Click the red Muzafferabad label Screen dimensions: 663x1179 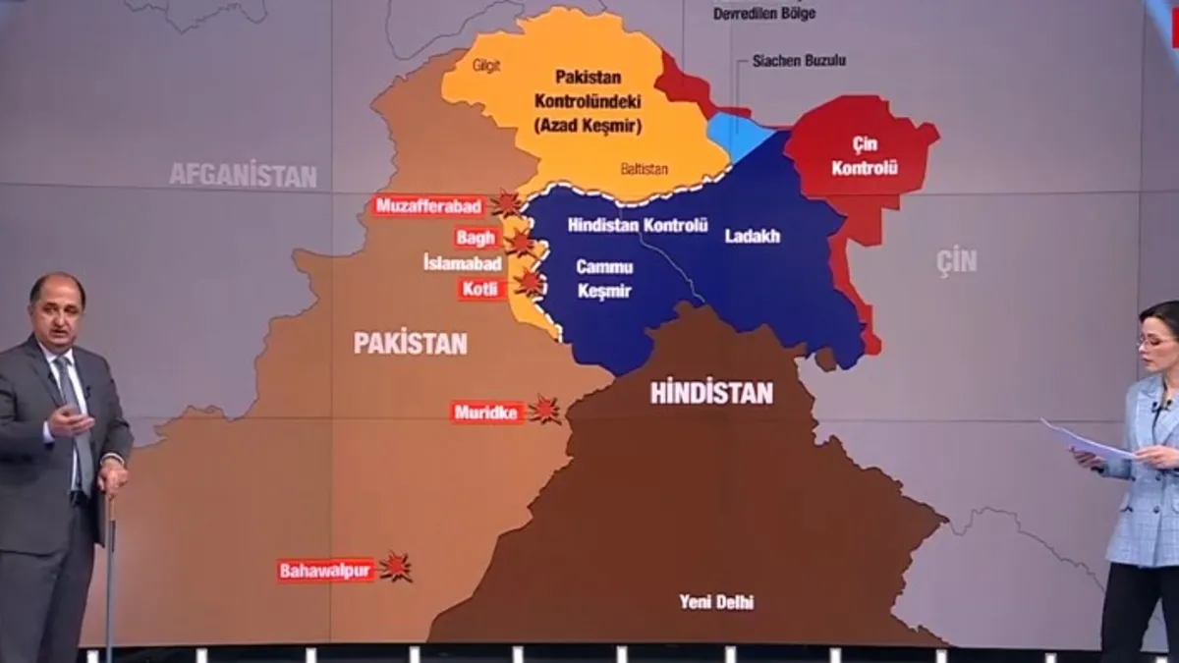point(428,206)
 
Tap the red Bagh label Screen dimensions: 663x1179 point(477,238)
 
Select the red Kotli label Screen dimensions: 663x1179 point(482,289)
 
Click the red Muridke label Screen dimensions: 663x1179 point(486,413)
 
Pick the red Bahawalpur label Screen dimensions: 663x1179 point(325,570)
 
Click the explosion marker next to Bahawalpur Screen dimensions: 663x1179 point(396,567)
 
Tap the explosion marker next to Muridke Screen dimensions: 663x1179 point(544,410)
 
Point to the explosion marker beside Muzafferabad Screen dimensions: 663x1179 point(506,204)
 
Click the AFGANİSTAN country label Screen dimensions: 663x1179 point(243,176)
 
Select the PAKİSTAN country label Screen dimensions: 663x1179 point(410,343)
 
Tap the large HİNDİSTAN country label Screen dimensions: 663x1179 point(711,393)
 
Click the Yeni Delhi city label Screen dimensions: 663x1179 point(716,602)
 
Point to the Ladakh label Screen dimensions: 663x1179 point(752,236)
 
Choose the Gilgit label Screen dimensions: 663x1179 point(486,66)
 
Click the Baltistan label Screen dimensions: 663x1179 point(644,169)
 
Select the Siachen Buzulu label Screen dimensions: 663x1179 point(799,60)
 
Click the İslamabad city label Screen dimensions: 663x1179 point(462,263)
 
